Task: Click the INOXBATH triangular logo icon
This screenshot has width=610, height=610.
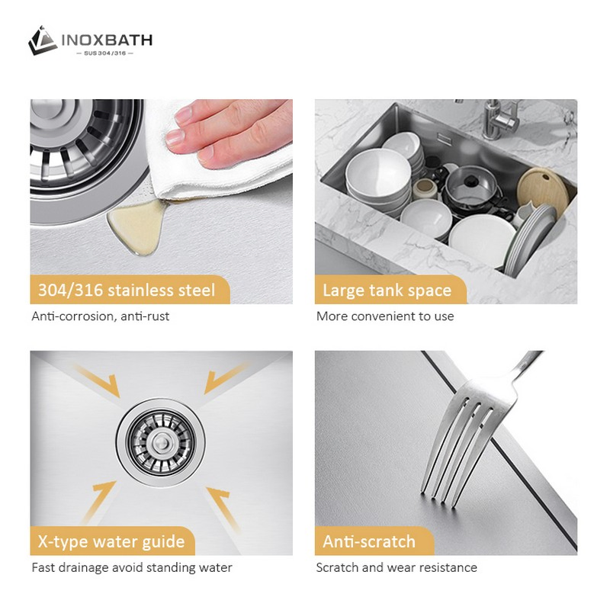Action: click(x=43, y=40)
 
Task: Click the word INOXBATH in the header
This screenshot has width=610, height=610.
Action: click(x=106, y=39)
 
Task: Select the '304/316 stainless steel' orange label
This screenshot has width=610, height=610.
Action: click(x=127, y=290)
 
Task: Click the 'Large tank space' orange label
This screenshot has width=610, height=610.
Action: click(x=387, y=290)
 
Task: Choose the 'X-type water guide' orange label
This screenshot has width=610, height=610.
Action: click(x=111, y=542)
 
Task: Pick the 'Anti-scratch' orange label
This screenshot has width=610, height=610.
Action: click(x=369, y=542)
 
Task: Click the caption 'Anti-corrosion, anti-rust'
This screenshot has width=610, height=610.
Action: click(x=100, y=316)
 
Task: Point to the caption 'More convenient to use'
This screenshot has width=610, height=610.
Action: click(x=385, y=316)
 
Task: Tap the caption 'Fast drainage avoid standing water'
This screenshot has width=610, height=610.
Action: click(x=131, y=567)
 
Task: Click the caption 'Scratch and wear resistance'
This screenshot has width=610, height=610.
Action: click(x=396, y=567)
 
